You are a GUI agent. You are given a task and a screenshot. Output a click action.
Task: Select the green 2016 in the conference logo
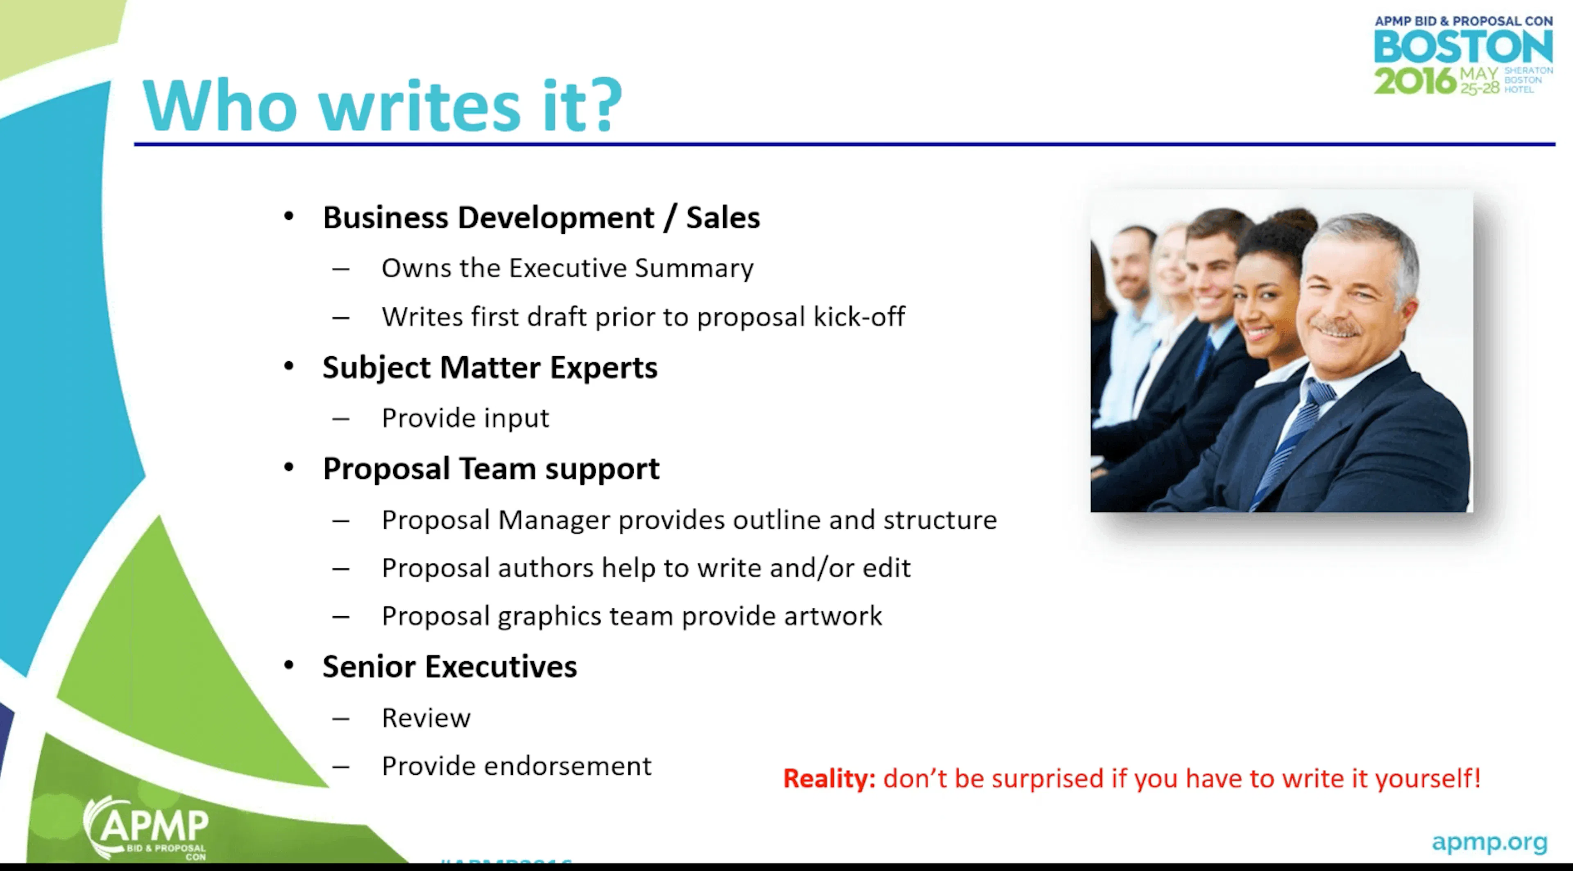(x=1414, y=81)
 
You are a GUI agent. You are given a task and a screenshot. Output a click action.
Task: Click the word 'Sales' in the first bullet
(x=722, y=217)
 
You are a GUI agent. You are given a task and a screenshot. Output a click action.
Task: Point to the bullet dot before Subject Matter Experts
(x=289, y=366)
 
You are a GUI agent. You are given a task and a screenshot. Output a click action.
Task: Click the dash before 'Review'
(x=341, y=718)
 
